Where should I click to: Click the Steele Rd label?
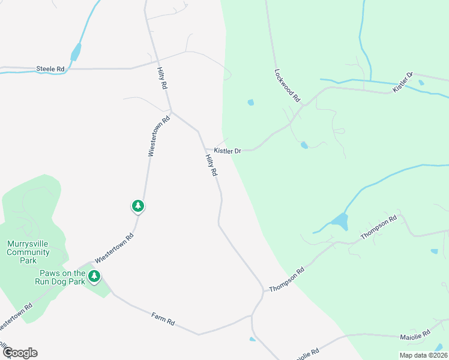pos(50,69)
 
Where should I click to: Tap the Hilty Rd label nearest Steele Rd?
pos(162,77)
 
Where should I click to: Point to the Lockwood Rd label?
pos(286,85)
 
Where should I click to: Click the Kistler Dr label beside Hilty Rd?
pos(228,151)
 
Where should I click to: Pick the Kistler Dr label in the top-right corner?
pos(403,82)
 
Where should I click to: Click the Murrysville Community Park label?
pos(28,252)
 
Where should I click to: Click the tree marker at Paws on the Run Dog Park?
pos(94,277)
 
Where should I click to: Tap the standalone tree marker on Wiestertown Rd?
pos(138,206)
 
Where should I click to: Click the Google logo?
pos(19,353)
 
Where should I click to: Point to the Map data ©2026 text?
pos(423,355)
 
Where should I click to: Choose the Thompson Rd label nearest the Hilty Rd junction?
pos(287,279)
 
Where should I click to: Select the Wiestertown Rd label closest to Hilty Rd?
pos(160,136)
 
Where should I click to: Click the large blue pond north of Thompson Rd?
pos(339,222)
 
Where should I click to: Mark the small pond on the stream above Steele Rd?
pos(76,53)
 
